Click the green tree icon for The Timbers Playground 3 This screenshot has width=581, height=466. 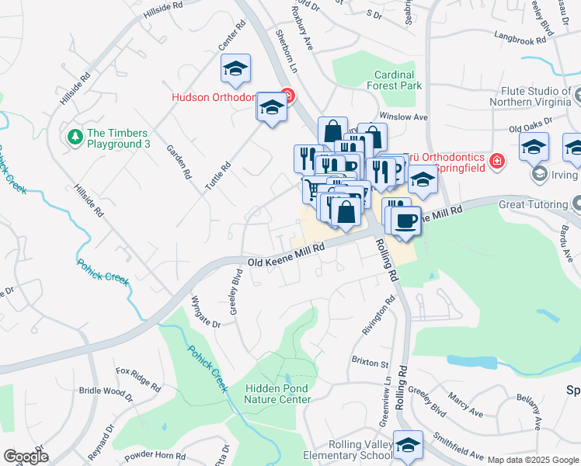coord(75,137)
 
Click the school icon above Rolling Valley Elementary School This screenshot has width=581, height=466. coord(408,444)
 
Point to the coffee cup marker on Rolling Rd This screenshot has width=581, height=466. coord(405,221)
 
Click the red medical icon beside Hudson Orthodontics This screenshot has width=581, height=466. coord(287,97)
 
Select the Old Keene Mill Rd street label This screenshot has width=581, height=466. coord(285,263)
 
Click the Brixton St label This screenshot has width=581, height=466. coord(369,363)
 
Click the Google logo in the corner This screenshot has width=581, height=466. coord(26,457)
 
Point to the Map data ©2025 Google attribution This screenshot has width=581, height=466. coord(533,460)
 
